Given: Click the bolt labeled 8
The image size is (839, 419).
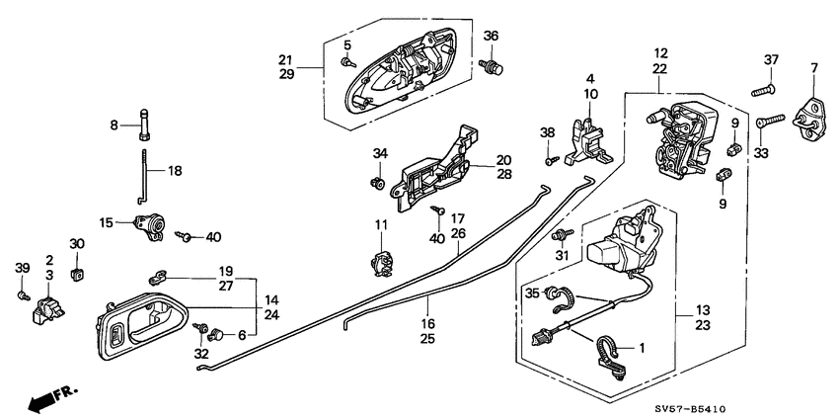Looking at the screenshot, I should point(145,125).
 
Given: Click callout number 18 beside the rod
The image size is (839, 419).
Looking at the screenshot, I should point(175,171).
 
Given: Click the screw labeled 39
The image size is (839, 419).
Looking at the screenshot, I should point(24,294).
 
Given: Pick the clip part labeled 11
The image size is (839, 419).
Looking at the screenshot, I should point(381,263).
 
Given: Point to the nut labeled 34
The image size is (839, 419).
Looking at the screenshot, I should point(376,184).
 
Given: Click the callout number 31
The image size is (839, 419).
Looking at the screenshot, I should point(563,259).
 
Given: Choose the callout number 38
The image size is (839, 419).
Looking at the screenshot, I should point(546,132).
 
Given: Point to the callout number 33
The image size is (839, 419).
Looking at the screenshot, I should point(760,153).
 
